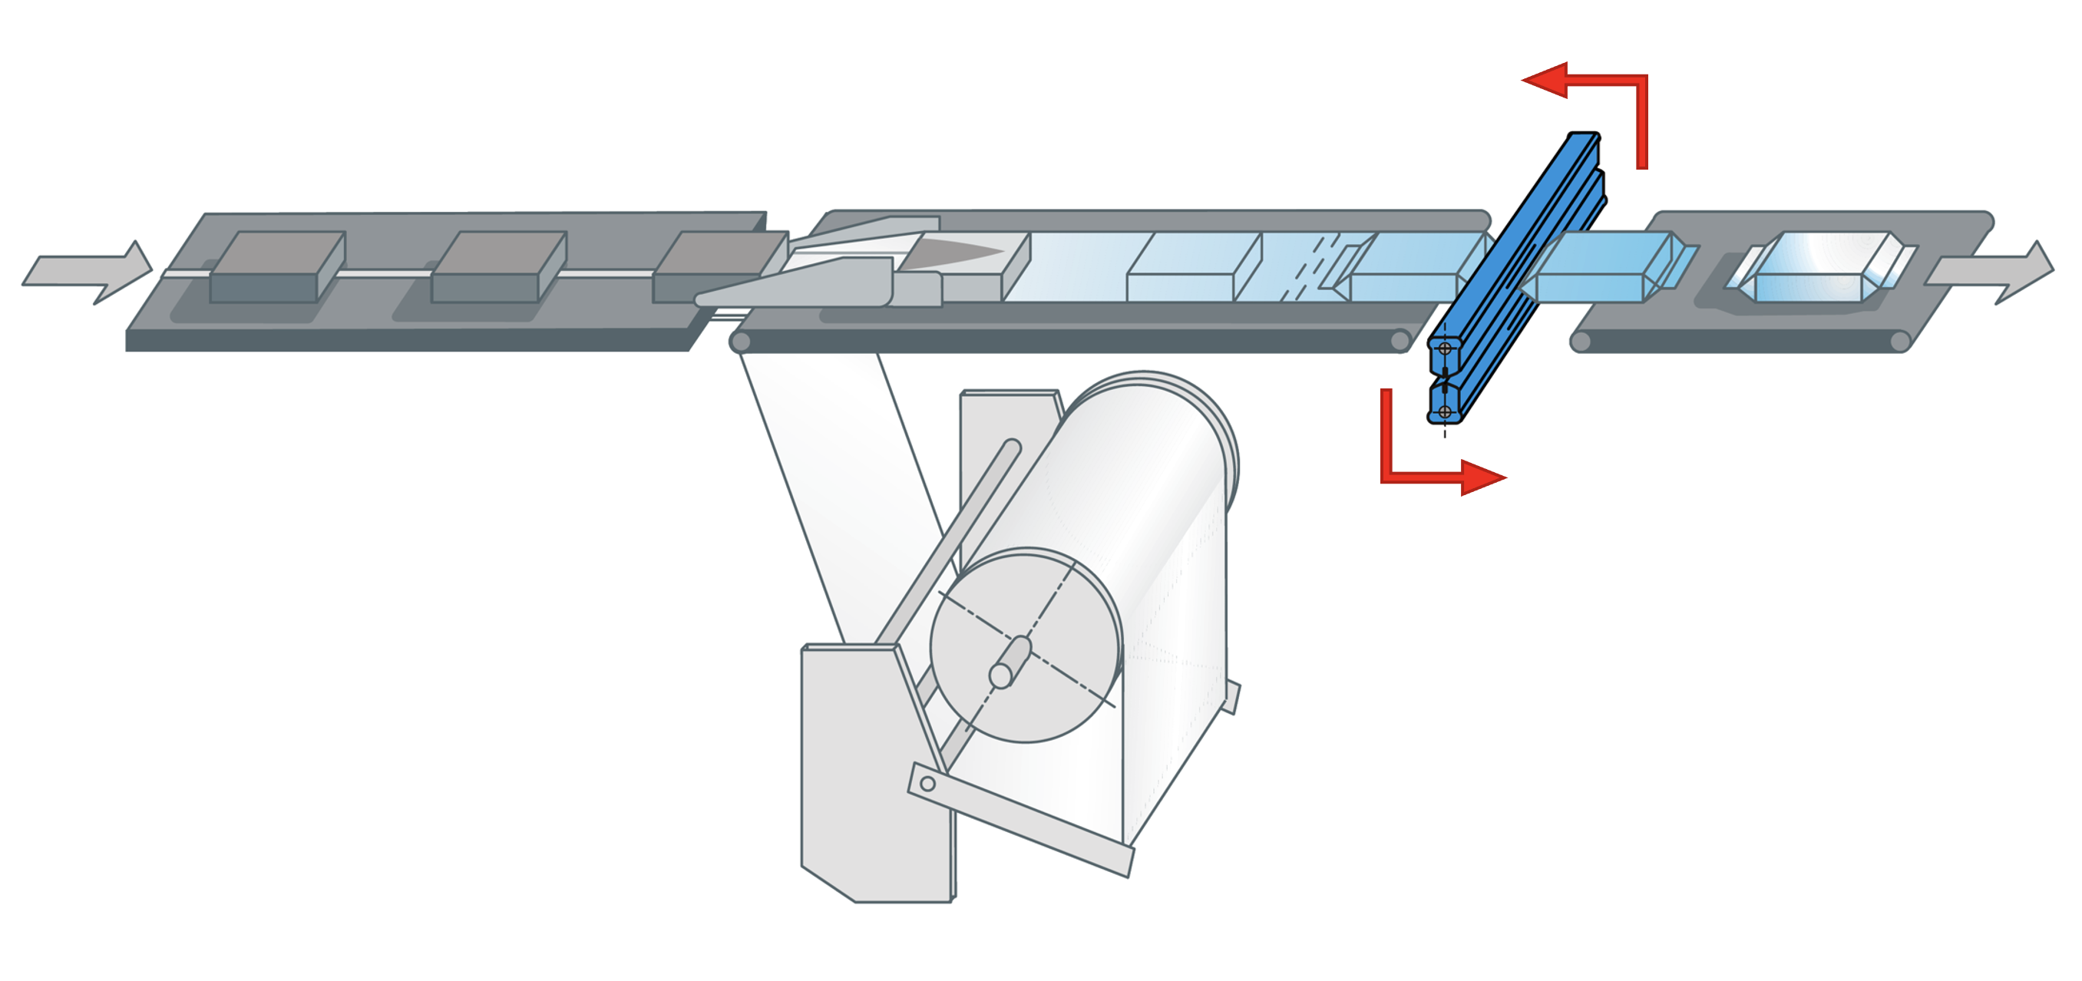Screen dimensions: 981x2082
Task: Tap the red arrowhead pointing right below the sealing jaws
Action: (x=1483, y=477)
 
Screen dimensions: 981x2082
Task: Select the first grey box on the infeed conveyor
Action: (x=275, y=267)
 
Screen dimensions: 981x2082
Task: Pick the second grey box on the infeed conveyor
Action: (x=496, y=267)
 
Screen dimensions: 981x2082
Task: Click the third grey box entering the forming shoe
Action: (x=711, y=266)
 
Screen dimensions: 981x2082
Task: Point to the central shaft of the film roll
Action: (x=1009, y=662)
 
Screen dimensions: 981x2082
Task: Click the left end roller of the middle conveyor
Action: (x=739, y=342)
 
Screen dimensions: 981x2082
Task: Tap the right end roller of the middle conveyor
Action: (x=1400, y=341)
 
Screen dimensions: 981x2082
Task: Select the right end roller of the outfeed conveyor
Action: (x=1900, y=341)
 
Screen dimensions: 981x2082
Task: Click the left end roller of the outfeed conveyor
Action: (x=1580, y=341)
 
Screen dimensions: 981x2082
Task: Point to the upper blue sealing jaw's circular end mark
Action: (x=1444, y=350)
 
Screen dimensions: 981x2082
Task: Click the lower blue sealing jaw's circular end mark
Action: (x=1444, y=412)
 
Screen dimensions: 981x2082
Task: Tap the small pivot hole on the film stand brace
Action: (x=928, y=783)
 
